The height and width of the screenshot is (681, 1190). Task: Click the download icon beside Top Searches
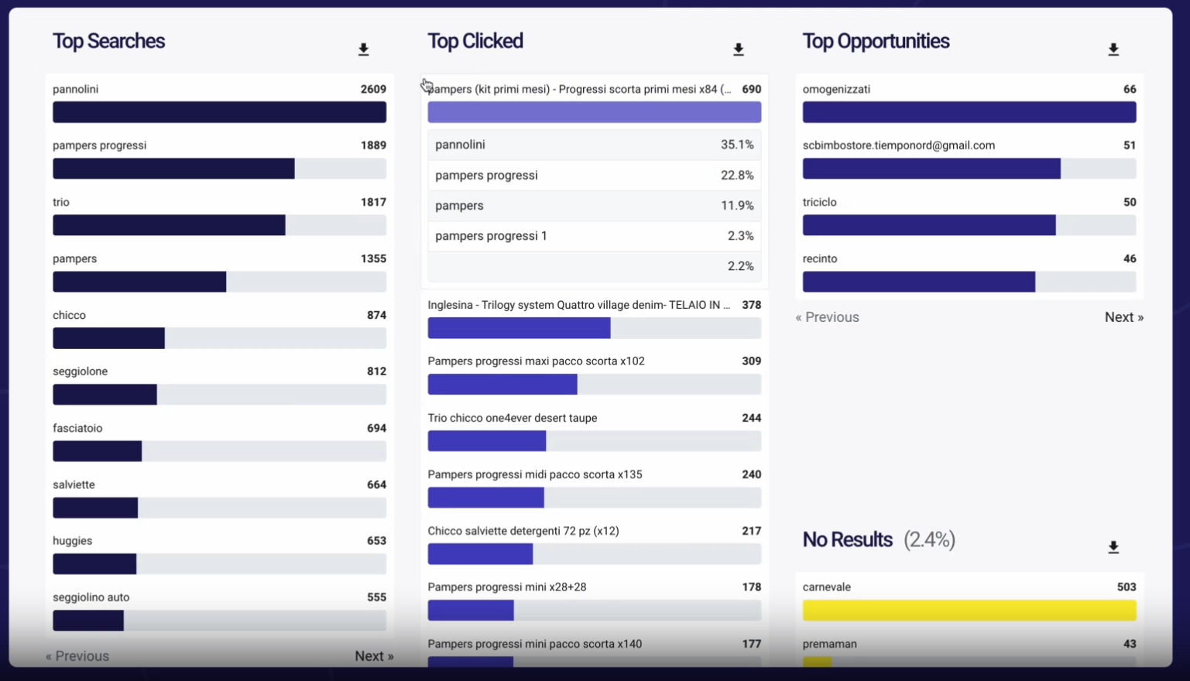click(363, 50)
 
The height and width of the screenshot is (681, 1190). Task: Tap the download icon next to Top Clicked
click(739, 50)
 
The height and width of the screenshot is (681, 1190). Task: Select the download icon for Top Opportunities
click(1113, 50)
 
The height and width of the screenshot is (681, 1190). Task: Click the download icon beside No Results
click(1113, 547)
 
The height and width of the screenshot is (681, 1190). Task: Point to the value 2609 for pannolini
click(373, 89)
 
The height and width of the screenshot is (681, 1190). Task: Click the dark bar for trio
click(169, 225)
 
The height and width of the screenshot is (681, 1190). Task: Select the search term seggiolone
click(80, 371)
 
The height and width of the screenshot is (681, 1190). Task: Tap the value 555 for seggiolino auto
click(376, 597)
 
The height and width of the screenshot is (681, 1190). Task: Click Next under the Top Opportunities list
click(1123, 317)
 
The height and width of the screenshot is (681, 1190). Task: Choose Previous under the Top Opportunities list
click(827, 317)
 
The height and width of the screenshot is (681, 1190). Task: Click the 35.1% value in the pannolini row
click(737, 145)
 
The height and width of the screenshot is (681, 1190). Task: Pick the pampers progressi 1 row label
click(491, 236)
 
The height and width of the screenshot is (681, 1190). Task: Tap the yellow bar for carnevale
click(969, 611)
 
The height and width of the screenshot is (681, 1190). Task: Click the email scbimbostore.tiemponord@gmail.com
click(898, 145)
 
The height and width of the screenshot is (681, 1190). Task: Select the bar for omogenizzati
click(969, 112)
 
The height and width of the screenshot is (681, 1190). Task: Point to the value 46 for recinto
click(1130, 258)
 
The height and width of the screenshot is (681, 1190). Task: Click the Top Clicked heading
click(475, 41)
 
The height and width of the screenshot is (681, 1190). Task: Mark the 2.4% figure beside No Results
click(929, 539)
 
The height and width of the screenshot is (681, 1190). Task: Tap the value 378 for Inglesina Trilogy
click(751, 305)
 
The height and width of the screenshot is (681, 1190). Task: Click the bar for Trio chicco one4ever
click(486, 441)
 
